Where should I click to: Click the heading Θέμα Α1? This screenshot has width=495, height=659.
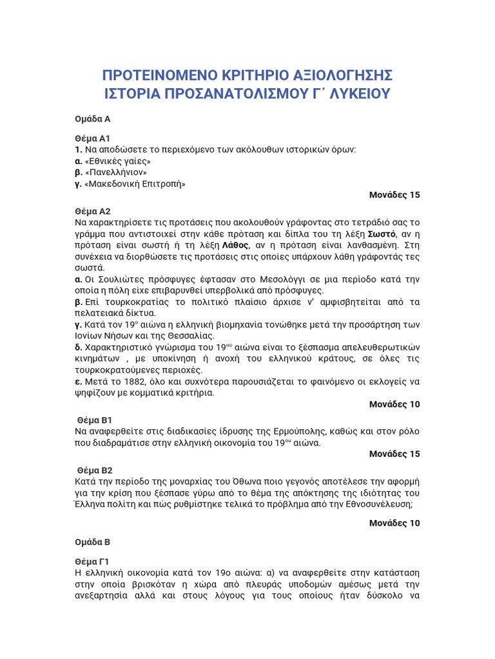[93, 138]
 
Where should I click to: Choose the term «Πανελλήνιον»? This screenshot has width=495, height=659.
[117, 172]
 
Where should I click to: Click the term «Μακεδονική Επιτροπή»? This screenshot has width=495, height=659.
[135, 184]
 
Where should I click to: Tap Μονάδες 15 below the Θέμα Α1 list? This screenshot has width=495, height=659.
[394, 195]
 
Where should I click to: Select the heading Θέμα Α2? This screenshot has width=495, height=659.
[93, 211]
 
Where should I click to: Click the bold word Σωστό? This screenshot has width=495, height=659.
[376, 234]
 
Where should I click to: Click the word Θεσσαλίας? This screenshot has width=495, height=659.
[191, 336]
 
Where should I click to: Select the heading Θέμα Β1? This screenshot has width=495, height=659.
[95, 420]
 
